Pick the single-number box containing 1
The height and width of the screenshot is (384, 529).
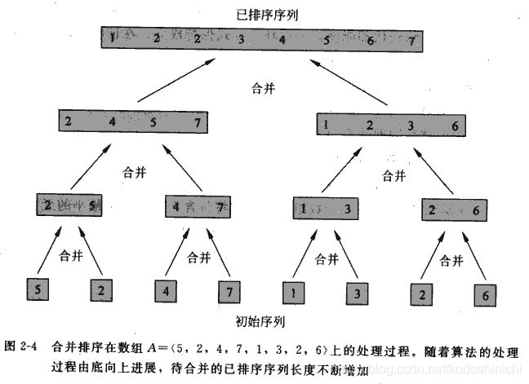pyautogui.click(x=295, y=289)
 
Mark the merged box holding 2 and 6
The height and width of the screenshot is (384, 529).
pyautogui.click(x=453, y=210)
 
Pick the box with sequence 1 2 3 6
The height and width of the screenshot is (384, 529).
pyautogui.click(x=389, y=125)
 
